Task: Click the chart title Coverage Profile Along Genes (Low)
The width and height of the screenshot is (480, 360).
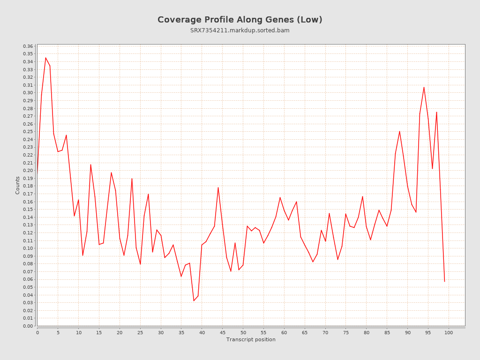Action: point(240,20)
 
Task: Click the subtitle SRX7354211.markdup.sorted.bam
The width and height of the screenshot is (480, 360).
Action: point(240,30)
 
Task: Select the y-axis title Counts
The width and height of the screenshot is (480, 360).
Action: point(18,185)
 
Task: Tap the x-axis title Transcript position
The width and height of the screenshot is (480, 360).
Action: point(251,339)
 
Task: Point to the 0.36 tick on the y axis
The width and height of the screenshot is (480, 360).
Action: point(28,46)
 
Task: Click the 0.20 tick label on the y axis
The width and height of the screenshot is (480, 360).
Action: point(28,171)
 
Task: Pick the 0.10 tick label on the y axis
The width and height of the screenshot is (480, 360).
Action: point(28,248)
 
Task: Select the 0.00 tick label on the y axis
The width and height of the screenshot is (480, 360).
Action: point(28,326)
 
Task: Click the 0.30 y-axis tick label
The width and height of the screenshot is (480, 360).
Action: point(28,93)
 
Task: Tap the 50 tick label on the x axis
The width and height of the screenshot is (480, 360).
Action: point(243,332)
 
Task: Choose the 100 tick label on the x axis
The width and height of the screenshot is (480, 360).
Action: point(449,332)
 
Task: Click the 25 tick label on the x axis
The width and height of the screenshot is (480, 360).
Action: point(140,332)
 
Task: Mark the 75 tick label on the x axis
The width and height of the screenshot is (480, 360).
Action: point(346,332)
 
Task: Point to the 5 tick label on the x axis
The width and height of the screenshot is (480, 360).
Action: point(58,332)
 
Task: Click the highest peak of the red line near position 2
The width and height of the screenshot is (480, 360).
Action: point(45,58)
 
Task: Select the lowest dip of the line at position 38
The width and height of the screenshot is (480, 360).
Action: point(194,300)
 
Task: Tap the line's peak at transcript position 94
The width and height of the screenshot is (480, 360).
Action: point(424,87)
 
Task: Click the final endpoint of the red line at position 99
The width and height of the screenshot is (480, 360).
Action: point(444,281)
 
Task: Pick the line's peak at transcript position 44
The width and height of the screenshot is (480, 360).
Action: point(218,187)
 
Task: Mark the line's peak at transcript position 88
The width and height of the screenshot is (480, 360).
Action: point(399,131)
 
